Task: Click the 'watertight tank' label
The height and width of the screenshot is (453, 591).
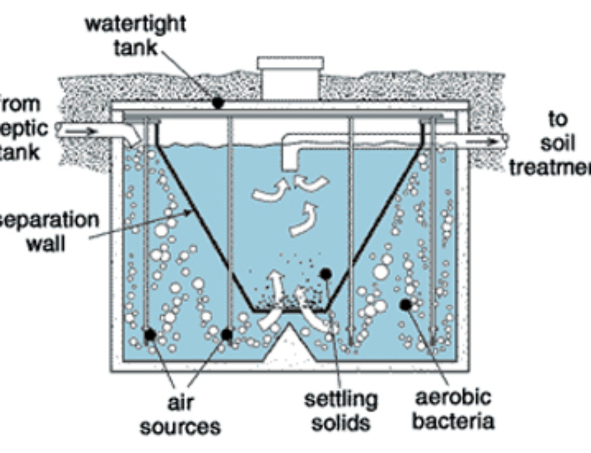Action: click(135, 35)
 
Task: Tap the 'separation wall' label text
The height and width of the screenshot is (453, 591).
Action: click(50, 230)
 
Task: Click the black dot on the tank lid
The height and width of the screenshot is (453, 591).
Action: click(218, 103)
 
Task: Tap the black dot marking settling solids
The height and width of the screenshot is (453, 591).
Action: click(324, 274)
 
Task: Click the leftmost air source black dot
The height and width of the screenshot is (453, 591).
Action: click(150, 335)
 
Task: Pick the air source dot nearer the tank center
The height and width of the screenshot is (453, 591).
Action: click(226, 335)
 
